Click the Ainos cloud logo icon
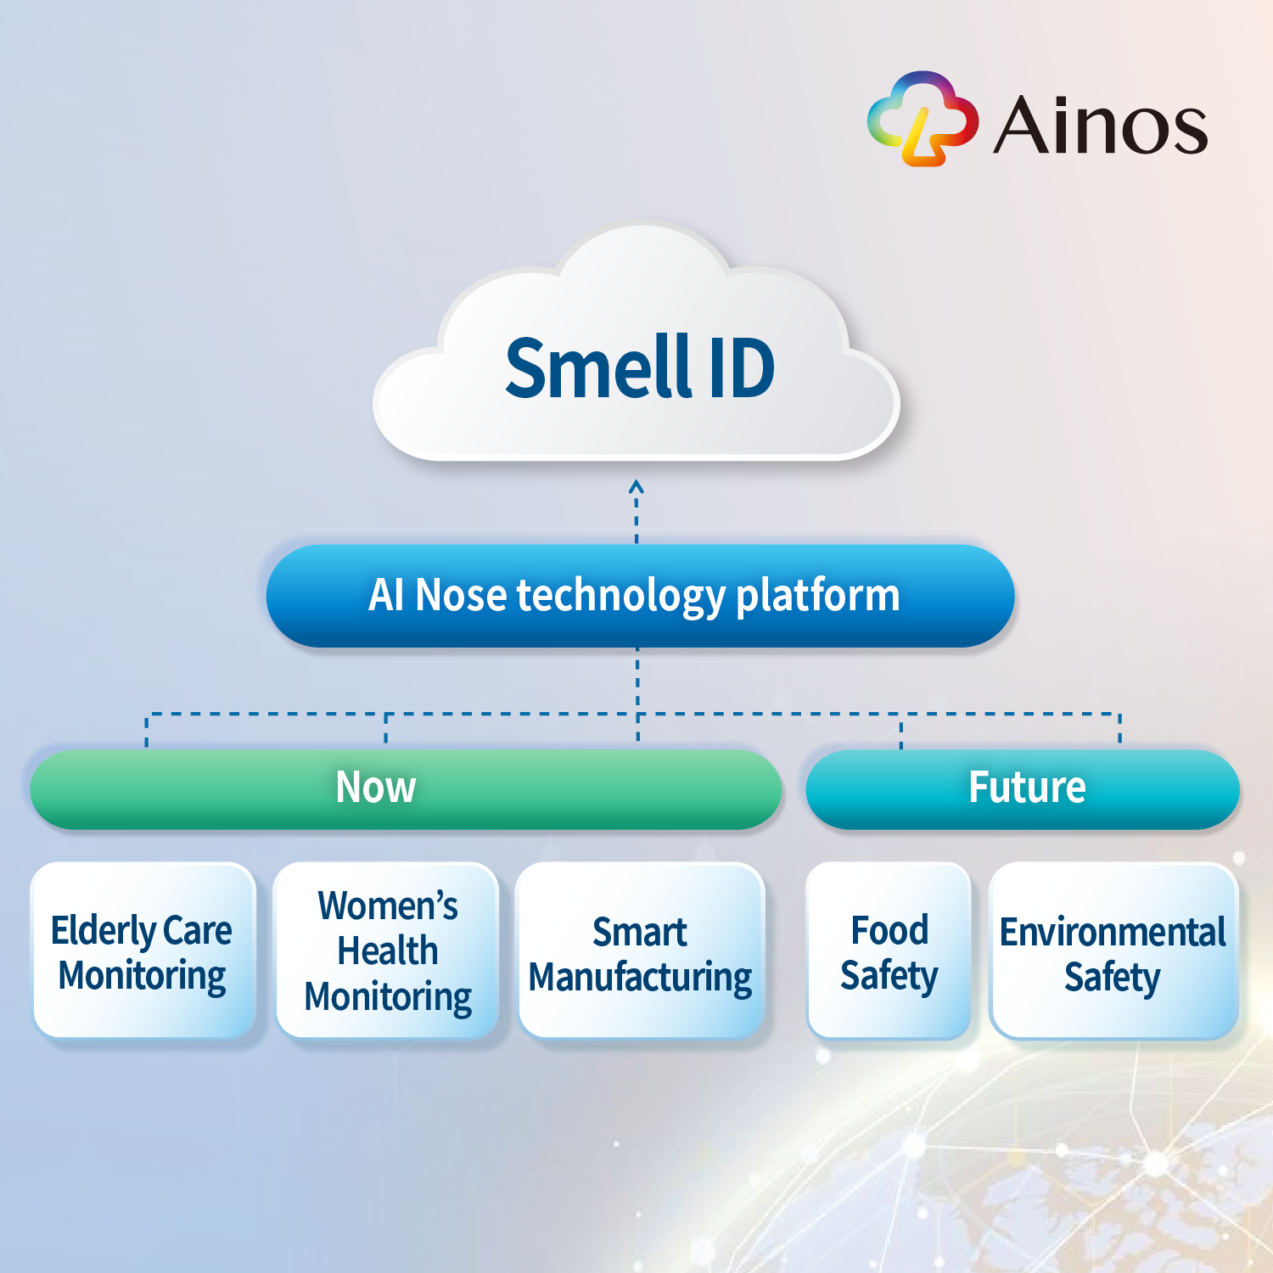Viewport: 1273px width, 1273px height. (x=923, y=119)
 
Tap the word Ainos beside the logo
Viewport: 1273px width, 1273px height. (x=1100, y=125)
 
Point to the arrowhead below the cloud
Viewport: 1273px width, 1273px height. (x=636, y=487)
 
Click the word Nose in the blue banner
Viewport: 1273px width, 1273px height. (x=461, y=595)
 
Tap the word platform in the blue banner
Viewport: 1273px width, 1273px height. (x=817, y=597)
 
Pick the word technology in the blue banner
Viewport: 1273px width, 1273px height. (x=621, y=597)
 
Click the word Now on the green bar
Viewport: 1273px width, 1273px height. (x=376, y=787)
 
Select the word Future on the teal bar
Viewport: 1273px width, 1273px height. (x=1027, y=787)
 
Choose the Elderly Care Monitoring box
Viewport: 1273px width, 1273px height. (x=143, y=951)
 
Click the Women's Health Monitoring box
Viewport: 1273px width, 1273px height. (x=387, y=951)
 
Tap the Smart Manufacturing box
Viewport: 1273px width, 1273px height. (x=641, y=951)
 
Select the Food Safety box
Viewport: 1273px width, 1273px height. (x=889, y=951)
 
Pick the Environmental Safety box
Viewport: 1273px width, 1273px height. (x=1113, y=951)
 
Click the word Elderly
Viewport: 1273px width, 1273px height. (x=103, y=932)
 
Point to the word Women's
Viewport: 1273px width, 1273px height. (x=388, y=906)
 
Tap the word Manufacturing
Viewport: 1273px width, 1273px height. (x=640, y=978)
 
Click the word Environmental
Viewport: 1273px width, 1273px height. (x=1113, y=932)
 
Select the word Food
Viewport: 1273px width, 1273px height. (x=889, y=930)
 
